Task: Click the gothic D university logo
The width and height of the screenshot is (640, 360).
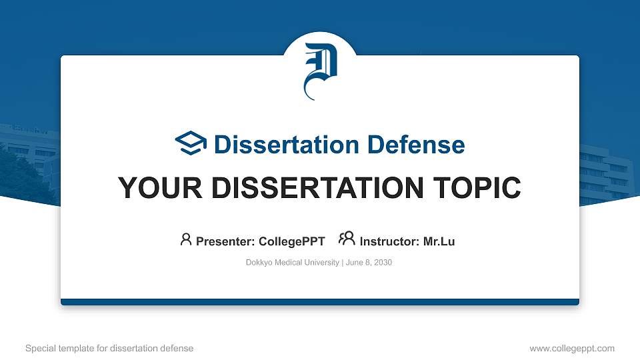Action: click(x=320, y=70)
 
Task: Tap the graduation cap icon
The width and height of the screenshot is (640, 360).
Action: click(x=191, y=144)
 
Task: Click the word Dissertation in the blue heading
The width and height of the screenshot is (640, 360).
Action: click(x=281, y=145)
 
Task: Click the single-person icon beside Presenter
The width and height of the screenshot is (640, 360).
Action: click(x=186, y=239)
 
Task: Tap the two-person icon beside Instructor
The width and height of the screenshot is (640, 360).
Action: click(x=347, y=239)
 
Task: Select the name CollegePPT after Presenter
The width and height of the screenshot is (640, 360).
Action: click(x=291, y=241)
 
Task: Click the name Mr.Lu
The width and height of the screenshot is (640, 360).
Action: click(x=439, y=241)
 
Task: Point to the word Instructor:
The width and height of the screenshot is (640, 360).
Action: click(x=390, y=241)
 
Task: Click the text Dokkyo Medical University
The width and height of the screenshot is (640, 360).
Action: click(x=293, y=263)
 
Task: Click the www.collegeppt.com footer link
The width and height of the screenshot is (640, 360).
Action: click(x=572, y=348)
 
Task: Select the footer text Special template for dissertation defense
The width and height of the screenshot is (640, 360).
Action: click(x=109, y=348)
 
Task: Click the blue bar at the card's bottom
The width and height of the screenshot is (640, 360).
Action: click(x=320, y=302)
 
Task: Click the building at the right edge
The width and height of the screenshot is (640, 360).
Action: click(x=607, y=173)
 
